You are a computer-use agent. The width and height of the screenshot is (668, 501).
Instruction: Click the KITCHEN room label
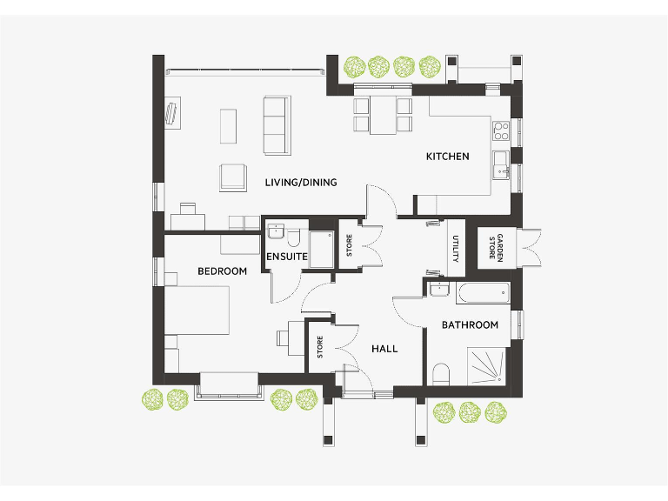pos(447,157)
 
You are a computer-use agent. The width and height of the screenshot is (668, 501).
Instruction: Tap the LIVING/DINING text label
pos(300,183)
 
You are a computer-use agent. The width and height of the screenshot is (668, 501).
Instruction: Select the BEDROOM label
pos(222,271)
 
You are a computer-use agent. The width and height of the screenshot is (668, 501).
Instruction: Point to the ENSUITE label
pos(287,257)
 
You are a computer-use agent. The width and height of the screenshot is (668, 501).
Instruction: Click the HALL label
pos(384,349)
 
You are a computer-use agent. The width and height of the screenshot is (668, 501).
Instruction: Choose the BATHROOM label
pos(470,325)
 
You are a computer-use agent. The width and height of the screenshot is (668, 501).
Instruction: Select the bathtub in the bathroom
pos(482,292)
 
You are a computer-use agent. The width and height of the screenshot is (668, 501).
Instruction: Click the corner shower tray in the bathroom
pos(486,364)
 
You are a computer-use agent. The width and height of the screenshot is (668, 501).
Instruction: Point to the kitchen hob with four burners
pos(501,131)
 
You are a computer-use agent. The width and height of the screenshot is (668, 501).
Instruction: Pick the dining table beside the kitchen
pos(383,116)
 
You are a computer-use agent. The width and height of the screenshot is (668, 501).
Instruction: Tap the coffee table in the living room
pos(228,125)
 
